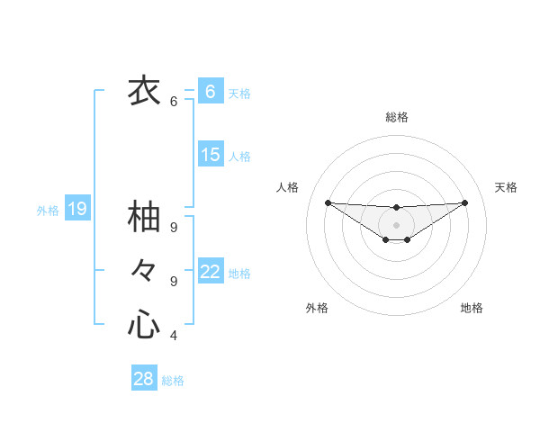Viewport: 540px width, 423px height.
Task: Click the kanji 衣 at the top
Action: click(x=144, y=90)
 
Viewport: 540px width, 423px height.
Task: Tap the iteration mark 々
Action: click(x=144, y=270)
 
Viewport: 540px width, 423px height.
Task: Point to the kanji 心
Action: click(x=144, y=324)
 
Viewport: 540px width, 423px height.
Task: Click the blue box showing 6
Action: click(x=211, y=92)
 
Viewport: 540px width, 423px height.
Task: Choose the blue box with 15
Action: click(x=211, y=155)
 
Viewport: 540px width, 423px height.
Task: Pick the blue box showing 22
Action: click(x=211, y=271)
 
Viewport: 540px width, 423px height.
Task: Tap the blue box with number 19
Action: click(x=77, y=210)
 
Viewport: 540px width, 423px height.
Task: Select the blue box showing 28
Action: click(x=144, y=379)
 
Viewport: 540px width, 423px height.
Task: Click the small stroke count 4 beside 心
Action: click(x=174, y=336)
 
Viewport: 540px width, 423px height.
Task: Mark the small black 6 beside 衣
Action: click(x=174, y=102)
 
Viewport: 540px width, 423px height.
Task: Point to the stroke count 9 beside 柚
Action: click(x=174, y=228)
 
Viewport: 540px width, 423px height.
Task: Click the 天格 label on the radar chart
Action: click(x=506, y=187)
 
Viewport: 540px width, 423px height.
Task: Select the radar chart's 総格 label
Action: click(x=396, y=117)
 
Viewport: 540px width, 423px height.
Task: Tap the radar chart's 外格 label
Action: click(x=317, y=308)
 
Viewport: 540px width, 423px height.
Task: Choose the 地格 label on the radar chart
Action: click(x=472, y=308)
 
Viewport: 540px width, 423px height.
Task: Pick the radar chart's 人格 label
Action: click(x=287, y=187)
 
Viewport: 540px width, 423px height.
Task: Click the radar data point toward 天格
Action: click(x=464, y=202)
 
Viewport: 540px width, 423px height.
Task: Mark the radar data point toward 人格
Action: click(x=328, y=202)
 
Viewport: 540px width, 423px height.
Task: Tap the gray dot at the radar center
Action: click(x=396, y=224)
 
